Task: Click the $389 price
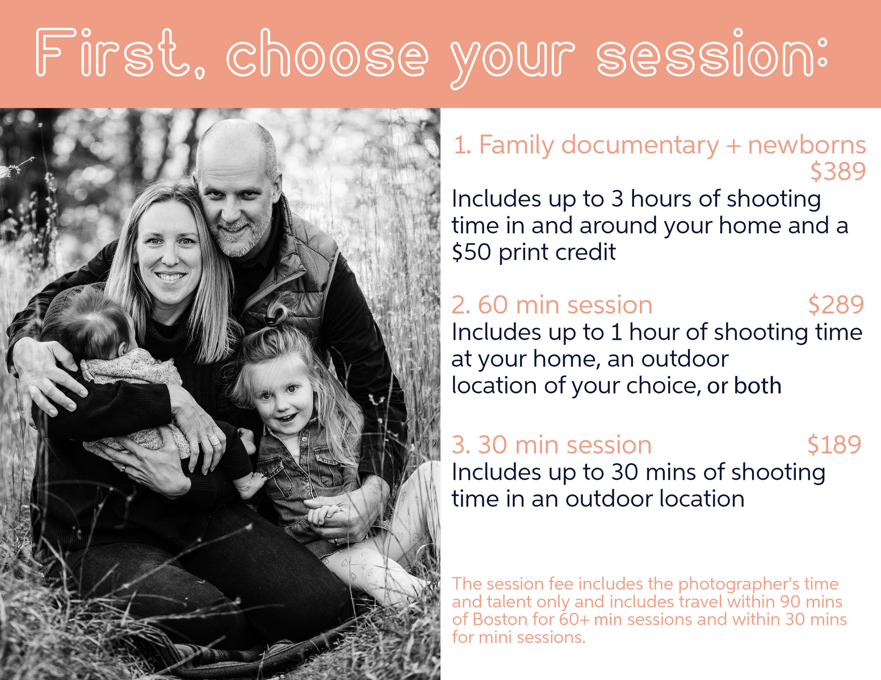[x=838, y=171]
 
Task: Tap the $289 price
[x=836, y=305]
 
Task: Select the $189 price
[x=834, y=445]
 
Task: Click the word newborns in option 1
[x=807, y=145]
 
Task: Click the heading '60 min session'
[x=565, y=305]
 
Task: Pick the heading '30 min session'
[x=564, y=445]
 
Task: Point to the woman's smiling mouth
[x=170, y=277]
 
